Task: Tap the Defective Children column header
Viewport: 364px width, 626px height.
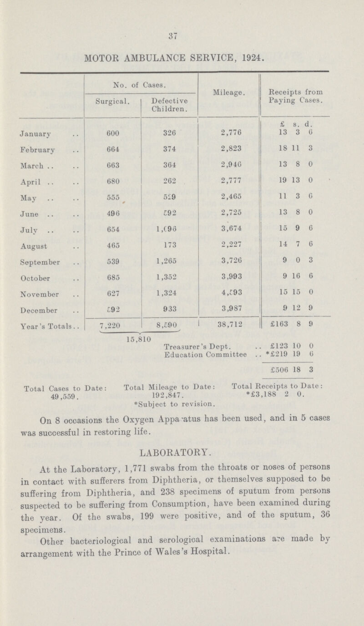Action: point(168,107)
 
